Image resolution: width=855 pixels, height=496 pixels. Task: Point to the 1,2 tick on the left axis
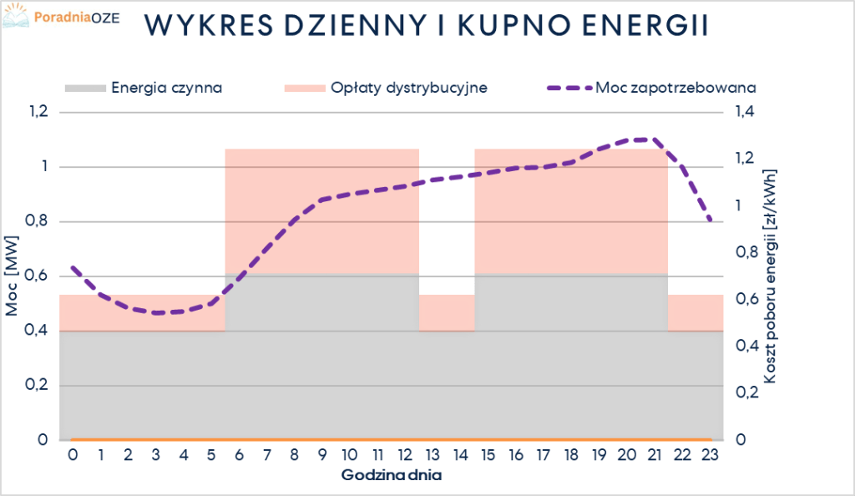(x=39, y=113)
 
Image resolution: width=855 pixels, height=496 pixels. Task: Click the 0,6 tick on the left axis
(x=39, y=276)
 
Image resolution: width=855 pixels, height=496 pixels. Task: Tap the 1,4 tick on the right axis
(x=746, y=113)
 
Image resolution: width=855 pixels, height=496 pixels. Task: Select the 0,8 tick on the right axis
(x=746, y=253)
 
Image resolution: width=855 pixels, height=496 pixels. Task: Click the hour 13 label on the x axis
(x=433, y=455)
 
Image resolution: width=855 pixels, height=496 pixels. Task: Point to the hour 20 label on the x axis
(x=627, y=455)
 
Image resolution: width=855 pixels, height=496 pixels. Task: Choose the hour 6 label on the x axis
(x=240, y=455)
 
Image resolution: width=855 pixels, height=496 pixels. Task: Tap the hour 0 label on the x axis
(x=73, y=455)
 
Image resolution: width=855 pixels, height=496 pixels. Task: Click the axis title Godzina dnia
(x=392, y=476)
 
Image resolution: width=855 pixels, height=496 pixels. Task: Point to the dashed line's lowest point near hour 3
(x=157, y=312)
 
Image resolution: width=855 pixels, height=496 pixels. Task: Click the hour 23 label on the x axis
(x=710, y=455)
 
